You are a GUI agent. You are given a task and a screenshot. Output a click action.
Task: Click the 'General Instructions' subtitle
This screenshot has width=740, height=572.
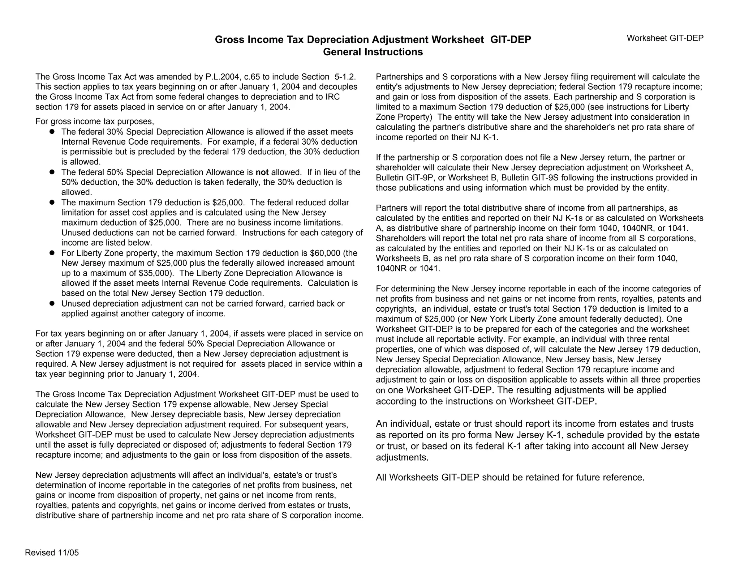point(373,52)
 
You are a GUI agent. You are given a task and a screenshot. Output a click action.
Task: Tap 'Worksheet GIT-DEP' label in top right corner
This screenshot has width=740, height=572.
point(665,38)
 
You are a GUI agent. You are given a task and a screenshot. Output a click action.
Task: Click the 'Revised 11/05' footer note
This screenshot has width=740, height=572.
point(52,552)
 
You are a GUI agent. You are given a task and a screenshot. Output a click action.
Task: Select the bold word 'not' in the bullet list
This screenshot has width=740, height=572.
point(262,172)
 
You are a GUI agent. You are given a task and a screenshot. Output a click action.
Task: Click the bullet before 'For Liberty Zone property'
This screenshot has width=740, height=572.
point(52,253)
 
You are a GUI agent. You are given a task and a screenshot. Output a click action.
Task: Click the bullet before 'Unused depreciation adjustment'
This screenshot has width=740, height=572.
point(52,303)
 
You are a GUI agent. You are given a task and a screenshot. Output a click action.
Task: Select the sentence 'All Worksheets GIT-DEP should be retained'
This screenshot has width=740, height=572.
point(510,477)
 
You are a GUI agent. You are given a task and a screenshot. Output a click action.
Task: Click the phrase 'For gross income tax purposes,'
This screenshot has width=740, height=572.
point(95,121)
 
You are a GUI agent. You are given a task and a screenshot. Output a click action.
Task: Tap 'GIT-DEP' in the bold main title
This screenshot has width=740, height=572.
point(510,40)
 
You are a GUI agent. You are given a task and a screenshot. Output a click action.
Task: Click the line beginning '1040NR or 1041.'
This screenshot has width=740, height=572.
point(408,269)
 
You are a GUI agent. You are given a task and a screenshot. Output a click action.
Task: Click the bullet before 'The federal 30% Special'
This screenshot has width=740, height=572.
point(52,132)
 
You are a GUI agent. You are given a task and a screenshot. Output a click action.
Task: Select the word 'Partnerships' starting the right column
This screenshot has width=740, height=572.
point(398,77)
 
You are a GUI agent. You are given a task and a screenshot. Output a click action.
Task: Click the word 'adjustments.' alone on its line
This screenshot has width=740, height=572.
point(402,457)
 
